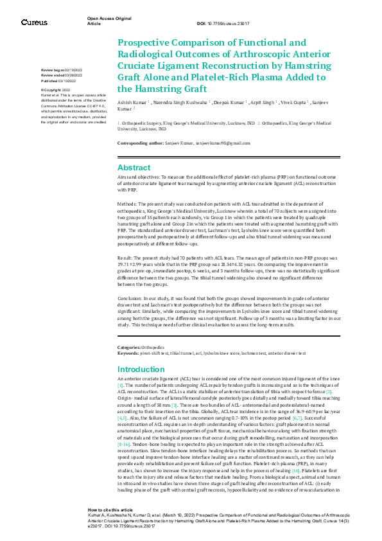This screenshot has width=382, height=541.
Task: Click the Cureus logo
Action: [x=34, y=22]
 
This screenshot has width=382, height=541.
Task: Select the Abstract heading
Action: [x=134, y=167]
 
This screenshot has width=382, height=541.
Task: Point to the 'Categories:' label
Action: [x=129, y=347]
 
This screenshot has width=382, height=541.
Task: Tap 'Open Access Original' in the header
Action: [x=109, y=19]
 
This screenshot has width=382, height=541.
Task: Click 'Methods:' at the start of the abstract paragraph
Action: [x=128, y=201]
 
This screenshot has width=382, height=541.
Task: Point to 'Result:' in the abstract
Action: [x=126, y=255]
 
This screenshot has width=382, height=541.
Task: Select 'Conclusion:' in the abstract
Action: [x=132, y=299]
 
